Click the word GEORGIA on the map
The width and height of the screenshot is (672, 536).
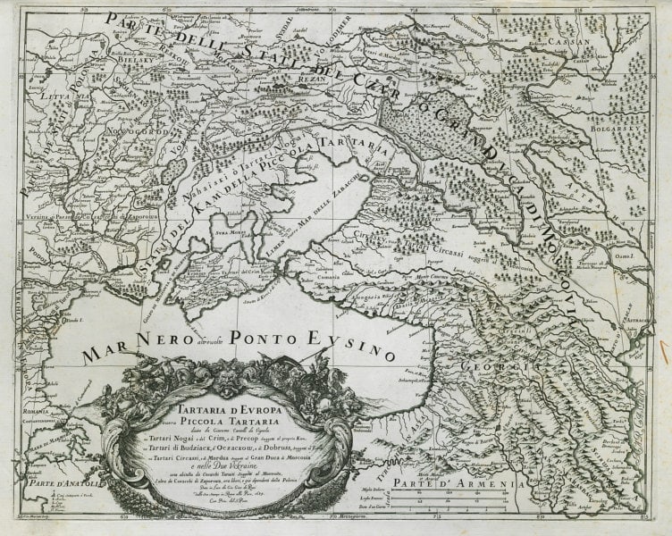point(490,366)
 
